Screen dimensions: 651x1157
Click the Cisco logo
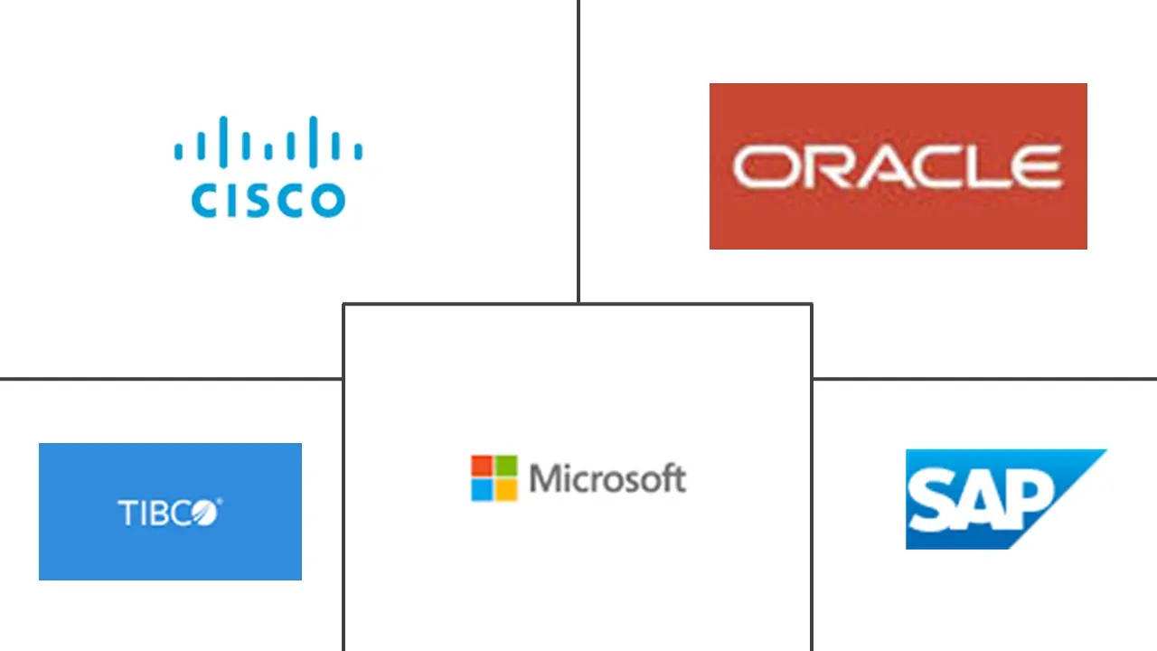[268, 167]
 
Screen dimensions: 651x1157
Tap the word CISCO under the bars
[268, 200]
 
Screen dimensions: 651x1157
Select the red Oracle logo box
[898, 165]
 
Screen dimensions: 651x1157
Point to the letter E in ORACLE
[1036, 168]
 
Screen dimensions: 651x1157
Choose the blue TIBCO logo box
[170, 511]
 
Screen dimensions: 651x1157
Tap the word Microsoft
[607, 478]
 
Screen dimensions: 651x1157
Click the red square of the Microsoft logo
[482, 466]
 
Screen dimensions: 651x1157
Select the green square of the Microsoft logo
[506, 466]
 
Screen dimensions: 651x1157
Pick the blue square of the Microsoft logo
[482, 490]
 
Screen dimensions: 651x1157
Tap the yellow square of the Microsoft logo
[506, 490]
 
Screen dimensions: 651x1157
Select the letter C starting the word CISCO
[203, 201]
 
